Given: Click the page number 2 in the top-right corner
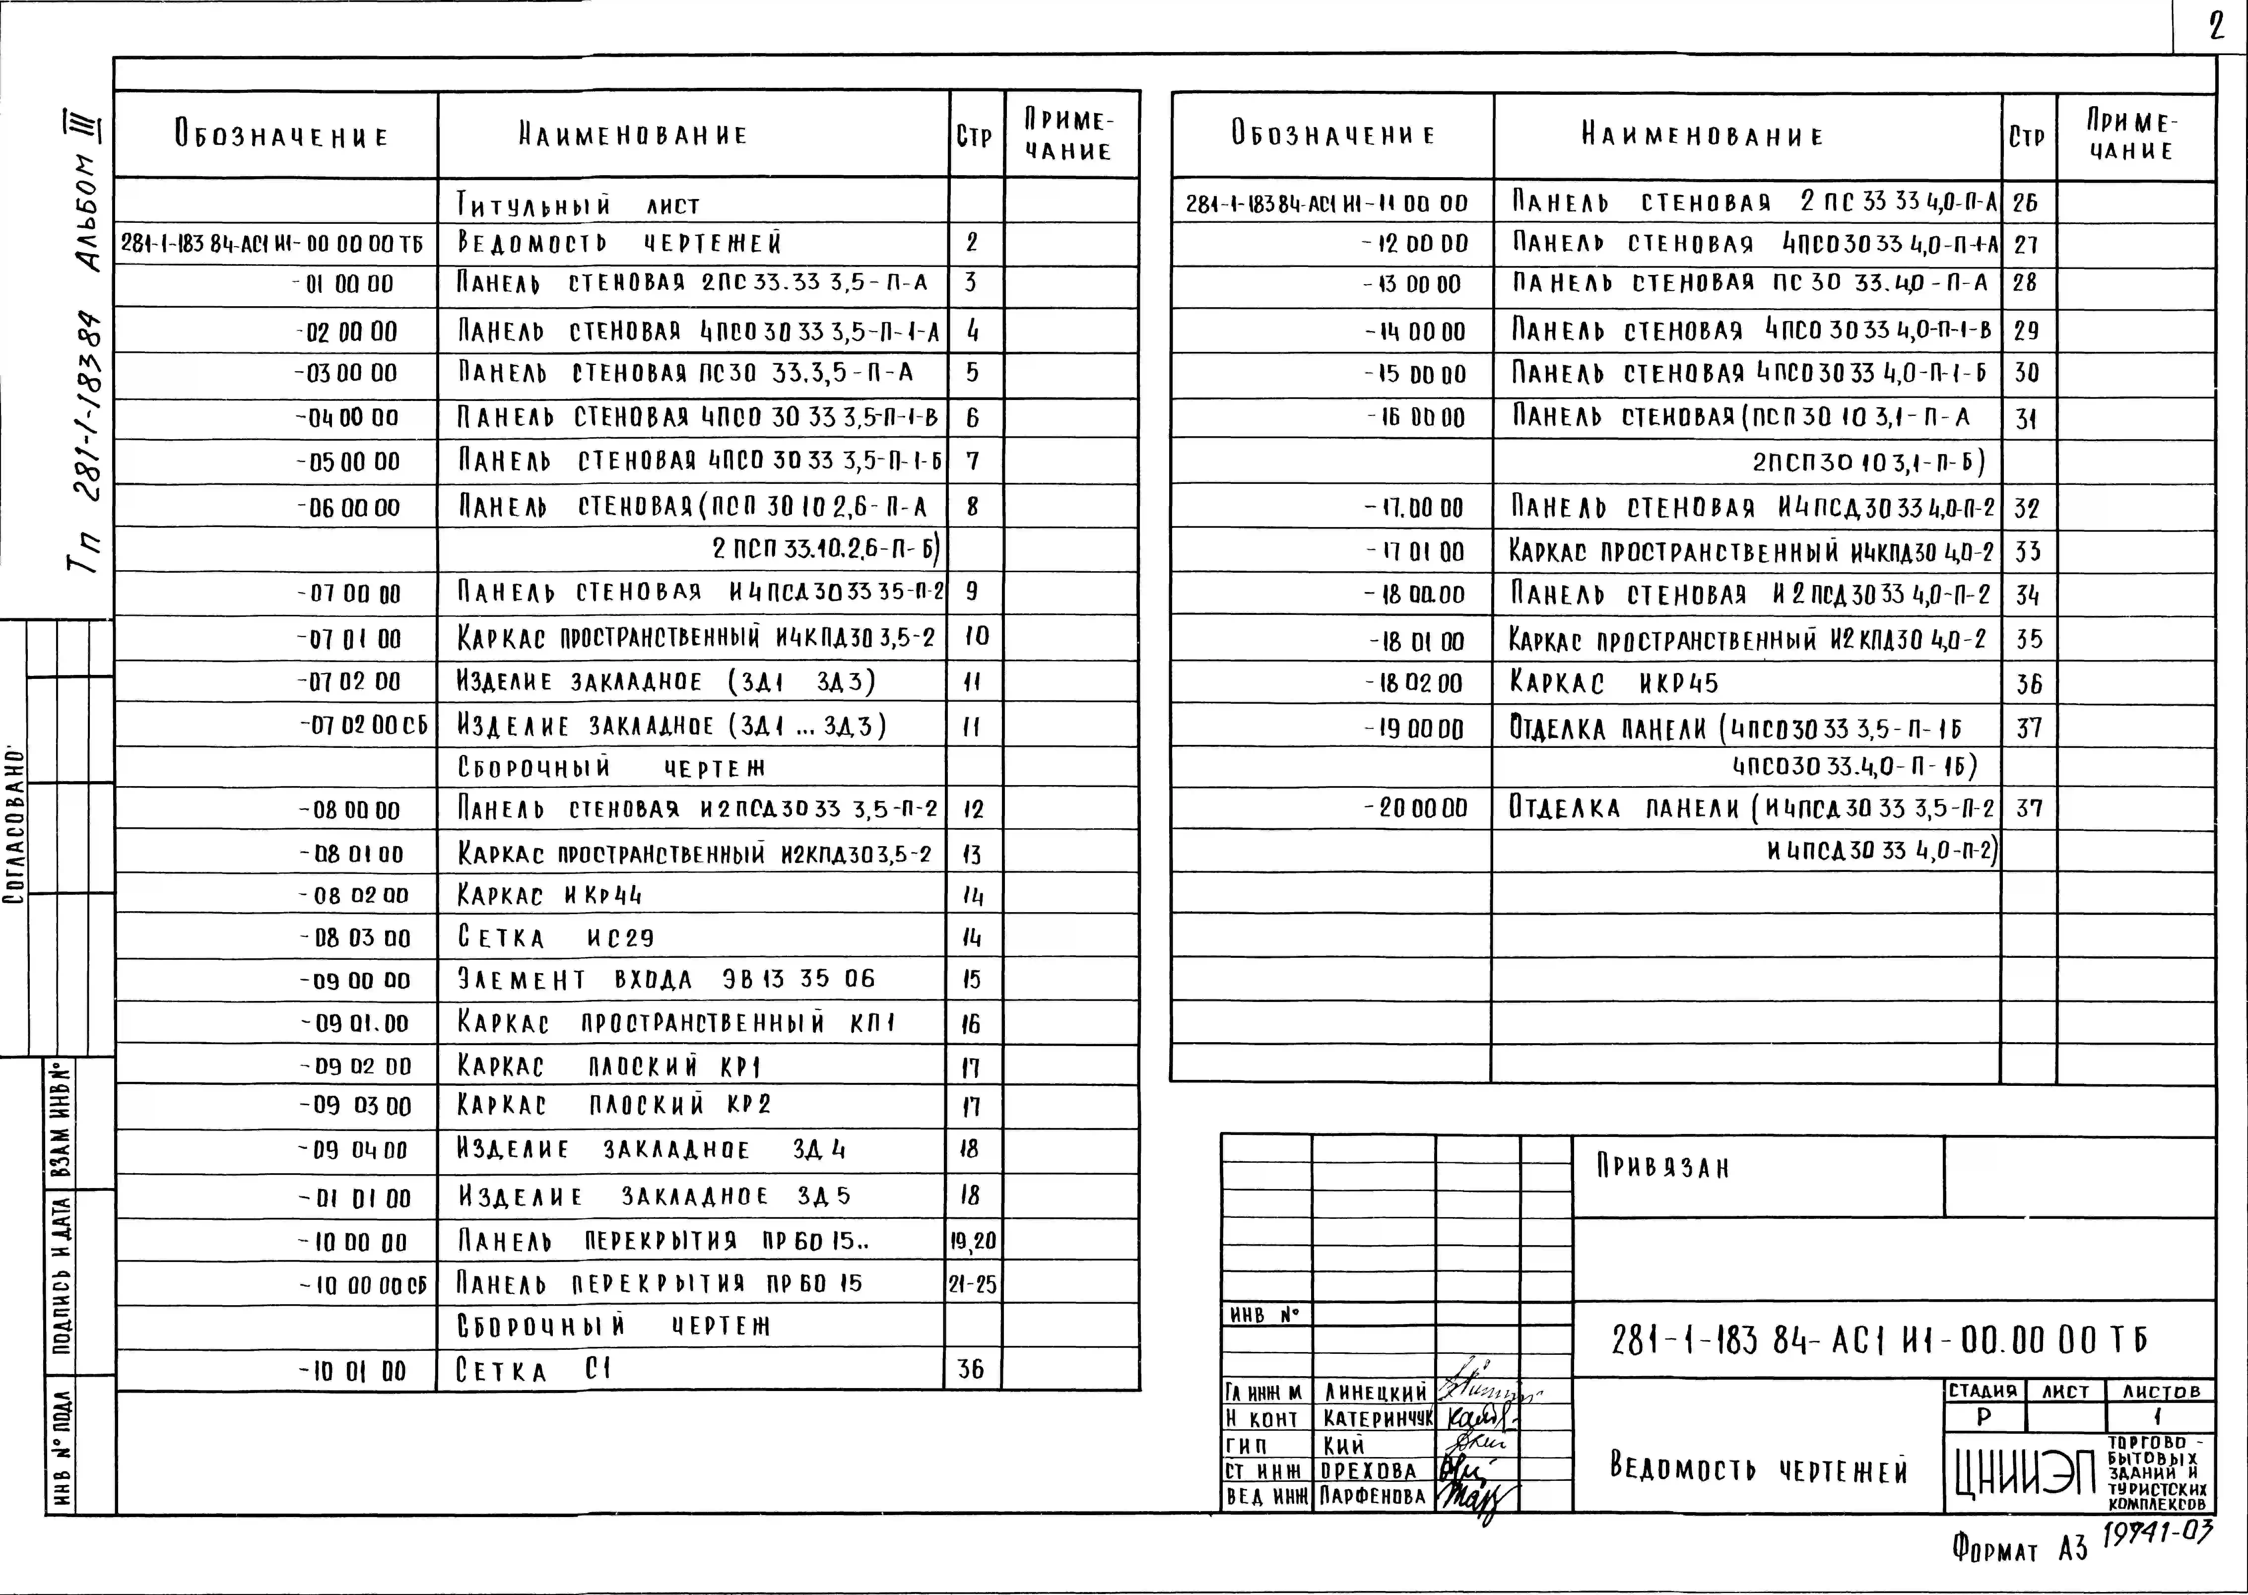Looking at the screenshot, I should (2215, 27).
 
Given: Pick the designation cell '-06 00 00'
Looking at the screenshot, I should (349, 508).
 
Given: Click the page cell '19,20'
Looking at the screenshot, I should (972, 1241).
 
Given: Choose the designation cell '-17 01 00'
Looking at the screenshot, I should (1414, 552).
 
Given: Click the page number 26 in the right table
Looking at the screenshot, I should (2025, 203).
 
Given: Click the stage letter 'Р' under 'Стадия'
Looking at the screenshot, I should (1984, 1417).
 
